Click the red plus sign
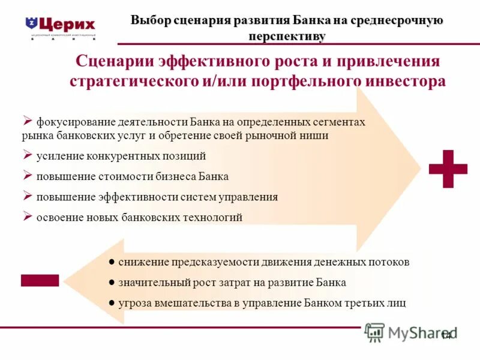pos(448,169)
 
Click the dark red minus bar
pos(40,280)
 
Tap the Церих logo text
pos(68,25)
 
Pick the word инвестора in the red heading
pos(403,81)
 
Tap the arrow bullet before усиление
pos(27,155)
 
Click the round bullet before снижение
pos(112,262)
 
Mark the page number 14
pos(446,335)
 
